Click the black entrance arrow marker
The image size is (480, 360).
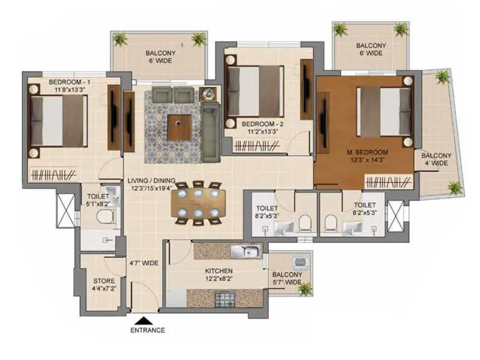click(142, 320)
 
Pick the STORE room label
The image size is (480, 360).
click(104, 281)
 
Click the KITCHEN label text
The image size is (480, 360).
click(218, 271)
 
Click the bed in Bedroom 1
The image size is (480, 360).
click(58, 121)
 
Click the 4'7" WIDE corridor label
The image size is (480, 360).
click(143, 263)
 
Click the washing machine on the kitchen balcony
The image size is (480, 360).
click(299, 262)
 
